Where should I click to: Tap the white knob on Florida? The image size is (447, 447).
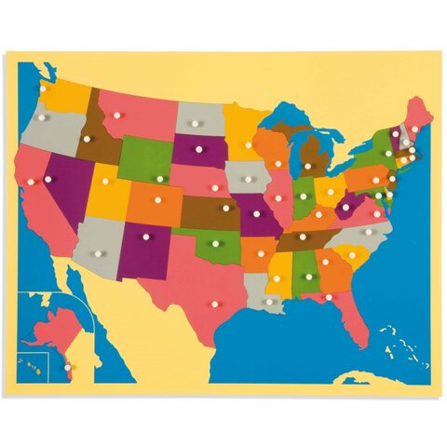[329, 297]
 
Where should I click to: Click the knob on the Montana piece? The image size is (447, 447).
[118, 115]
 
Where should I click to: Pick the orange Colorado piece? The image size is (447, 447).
[155, 201]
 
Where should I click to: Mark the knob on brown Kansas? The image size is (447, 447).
[225, 209]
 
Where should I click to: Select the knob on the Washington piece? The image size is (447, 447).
[42, 89]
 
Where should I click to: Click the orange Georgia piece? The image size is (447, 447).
[329, 265]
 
